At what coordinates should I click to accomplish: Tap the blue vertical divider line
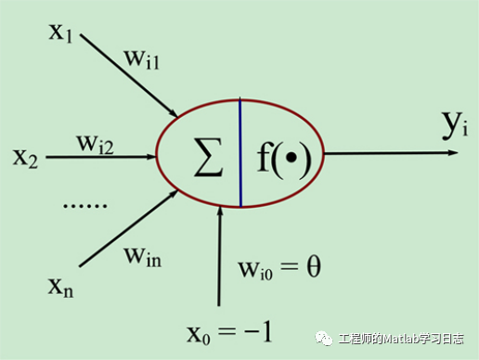tap(240, 152)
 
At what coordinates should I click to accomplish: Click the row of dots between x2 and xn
tap(85, 203)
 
